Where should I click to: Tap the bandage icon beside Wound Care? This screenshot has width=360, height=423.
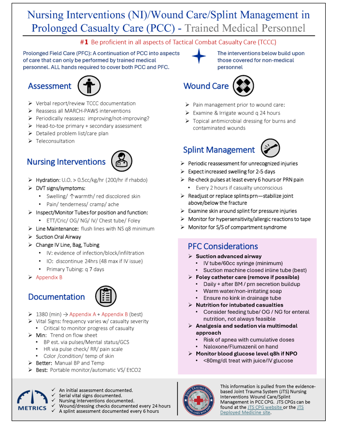[244, 86]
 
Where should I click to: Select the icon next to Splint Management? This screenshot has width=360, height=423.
[270, 149]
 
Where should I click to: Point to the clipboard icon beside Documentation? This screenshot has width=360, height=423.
[105, 296]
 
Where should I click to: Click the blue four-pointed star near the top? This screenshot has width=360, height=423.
[199, 56]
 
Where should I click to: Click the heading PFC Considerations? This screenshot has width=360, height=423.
[223, 246]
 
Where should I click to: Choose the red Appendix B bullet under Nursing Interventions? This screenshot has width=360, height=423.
[49, 277]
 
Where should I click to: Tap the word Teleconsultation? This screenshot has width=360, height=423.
[55, 141]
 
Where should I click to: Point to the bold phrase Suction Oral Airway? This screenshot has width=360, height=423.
[58, 237]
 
